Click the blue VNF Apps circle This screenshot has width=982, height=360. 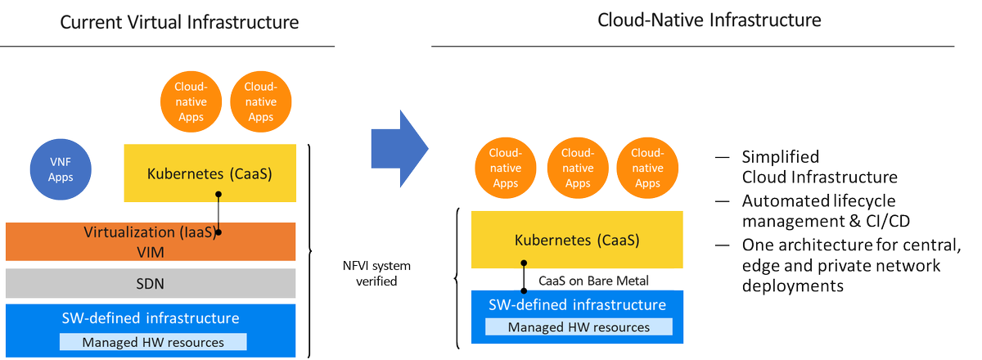(x=61, y=169)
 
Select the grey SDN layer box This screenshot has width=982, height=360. (x=150, y=282)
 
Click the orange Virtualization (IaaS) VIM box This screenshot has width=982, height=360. (x=150, y=241)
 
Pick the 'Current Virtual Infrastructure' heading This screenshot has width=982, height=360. (x=179, y=22)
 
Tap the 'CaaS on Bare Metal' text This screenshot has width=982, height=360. (x=593, y=281)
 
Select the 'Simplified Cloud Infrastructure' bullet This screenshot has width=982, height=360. (x=818, y=166)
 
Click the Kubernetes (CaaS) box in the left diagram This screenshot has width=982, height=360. (x=209, y=173)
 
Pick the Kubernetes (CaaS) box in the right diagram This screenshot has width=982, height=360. (x=577, y=240)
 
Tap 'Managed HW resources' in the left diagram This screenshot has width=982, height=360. (x=153, y=342)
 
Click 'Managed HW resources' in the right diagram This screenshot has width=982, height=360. (x=579, y=327)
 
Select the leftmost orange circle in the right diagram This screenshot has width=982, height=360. (x=506, y=168)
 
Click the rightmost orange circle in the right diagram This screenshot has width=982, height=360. (x=646, y=168)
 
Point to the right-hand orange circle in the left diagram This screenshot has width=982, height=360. (x=260, y=102)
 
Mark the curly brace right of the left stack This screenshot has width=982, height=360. (x=311, y=250)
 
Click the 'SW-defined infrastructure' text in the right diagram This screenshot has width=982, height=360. (x=578, y=305)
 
